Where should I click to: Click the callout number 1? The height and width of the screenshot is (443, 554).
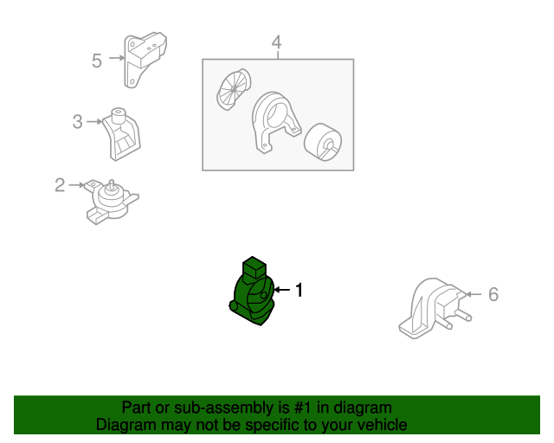300,291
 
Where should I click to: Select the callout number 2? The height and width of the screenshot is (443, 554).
60,184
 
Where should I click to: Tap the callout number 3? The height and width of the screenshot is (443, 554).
77,122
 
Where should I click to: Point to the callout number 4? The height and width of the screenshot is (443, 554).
276,42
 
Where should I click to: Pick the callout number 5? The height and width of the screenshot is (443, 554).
97,60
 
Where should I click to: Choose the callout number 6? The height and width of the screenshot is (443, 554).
493,294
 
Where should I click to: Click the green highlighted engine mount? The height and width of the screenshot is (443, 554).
252,294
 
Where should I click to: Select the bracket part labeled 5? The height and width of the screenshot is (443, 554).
144,59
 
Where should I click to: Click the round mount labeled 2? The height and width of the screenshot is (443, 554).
111,201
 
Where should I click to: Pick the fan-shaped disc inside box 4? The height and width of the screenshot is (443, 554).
231,91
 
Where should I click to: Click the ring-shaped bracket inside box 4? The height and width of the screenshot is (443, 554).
274,122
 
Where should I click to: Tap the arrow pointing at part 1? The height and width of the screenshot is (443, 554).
281,291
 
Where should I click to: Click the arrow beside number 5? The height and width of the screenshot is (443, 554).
114,60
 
